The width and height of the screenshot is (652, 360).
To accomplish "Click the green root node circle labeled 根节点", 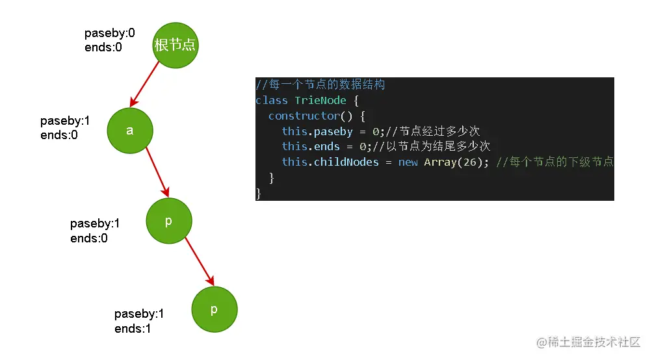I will pos(176,45).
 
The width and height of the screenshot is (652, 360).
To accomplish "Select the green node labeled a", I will pos(130,131).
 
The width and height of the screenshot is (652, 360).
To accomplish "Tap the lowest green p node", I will pos(215,309).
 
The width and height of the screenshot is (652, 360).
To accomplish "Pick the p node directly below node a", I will pos(169,221).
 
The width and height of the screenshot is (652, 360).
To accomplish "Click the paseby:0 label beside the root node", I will pos(110,33).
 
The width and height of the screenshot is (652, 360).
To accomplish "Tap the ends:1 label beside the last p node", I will pos(133,329).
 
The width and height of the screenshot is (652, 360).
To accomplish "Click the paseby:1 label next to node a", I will pos(65,121).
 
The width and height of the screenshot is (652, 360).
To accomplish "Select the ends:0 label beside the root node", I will pos(103,47).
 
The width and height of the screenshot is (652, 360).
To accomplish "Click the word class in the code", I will pos(272,100).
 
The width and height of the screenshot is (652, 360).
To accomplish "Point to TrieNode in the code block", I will pos(320,100).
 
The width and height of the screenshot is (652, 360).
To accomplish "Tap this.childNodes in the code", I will pos(330,162).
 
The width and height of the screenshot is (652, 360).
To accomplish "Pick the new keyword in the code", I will pos(408,162).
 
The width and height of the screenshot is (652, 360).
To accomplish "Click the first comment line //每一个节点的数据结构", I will pos(320,84).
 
